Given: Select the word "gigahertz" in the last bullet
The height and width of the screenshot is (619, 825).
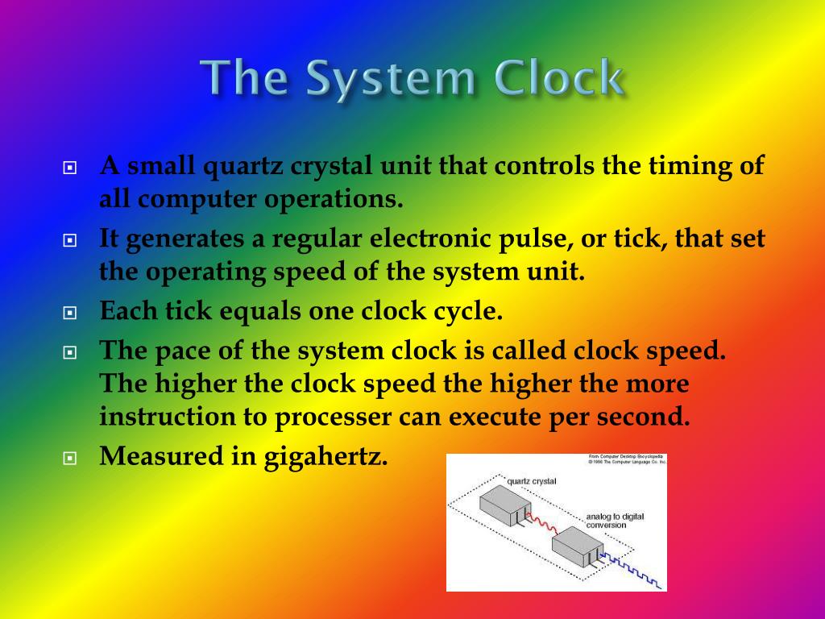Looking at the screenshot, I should (x=326, y=457).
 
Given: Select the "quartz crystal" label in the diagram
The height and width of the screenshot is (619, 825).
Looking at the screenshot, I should (x=533, y=481).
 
